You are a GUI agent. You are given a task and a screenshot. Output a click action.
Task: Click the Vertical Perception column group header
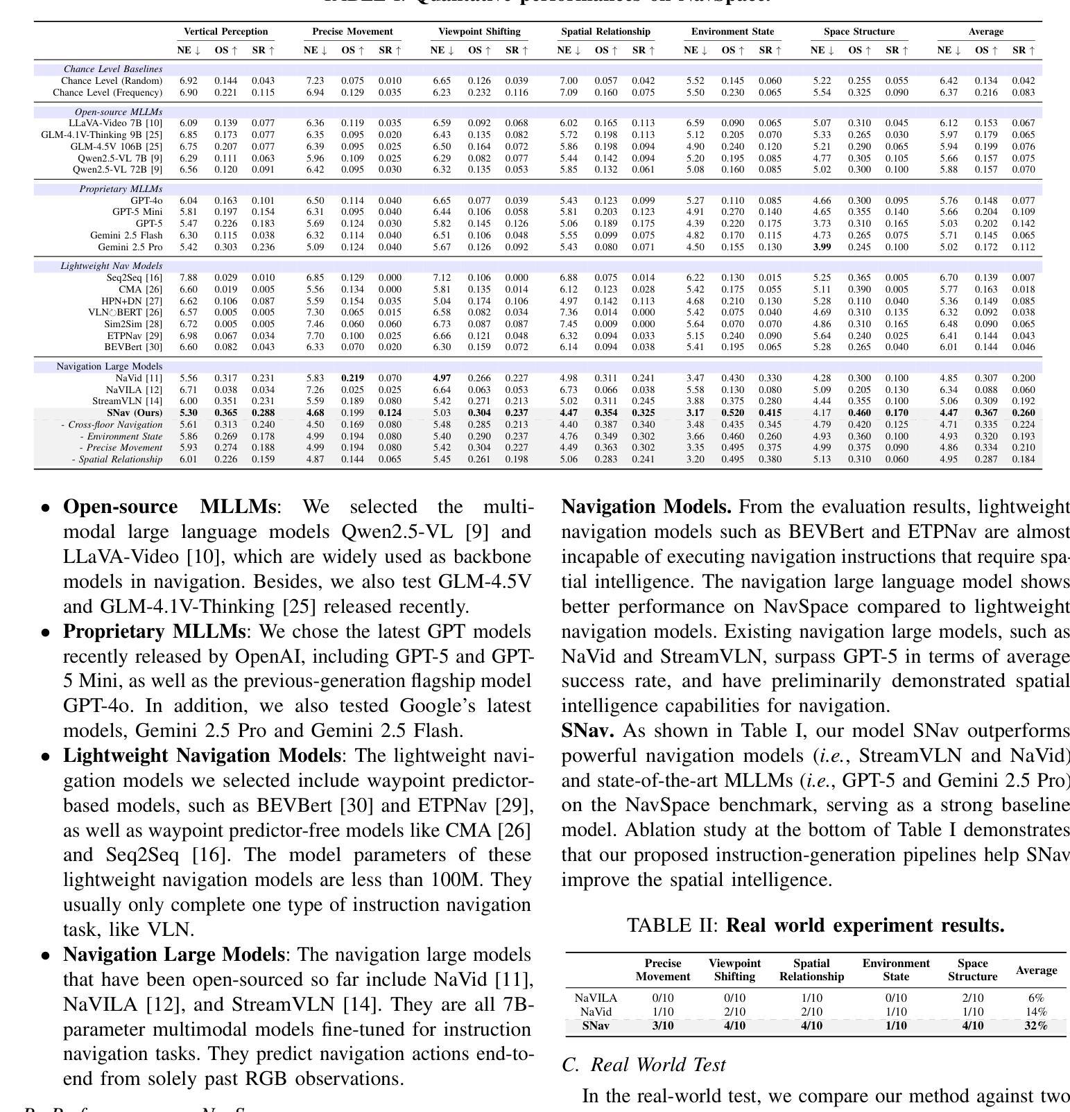tap(225, 32)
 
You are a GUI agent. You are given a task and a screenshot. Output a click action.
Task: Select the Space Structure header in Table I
tap(859, 32)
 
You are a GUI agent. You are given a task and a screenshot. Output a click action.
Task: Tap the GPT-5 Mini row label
tap(137, 212)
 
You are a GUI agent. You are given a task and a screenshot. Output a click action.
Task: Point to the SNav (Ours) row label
tap(135, 413)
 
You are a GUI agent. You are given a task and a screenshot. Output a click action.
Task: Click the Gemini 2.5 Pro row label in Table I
tap(130, 247)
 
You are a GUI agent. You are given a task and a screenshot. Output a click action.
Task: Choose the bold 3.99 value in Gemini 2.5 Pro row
tap(822, 247)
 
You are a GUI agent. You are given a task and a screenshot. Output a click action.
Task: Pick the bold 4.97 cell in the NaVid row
tap(441, 379)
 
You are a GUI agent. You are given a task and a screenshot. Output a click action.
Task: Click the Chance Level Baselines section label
tap(113, 69)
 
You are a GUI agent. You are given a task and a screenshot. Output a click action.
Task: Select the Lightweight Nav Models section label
tap(112, 266)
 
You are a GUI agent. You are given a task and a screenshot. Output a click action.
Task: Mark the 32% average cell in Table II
tap(1035, 1026)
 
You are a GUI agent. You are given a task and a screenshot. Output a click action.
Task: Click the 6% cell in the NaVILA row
tap(1035, 998)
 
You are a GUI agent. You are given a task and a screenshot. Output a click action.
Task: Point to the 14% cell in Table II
tap(1035, 1012)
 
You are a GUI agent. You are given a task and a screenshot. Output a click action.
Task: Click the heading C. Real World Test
tap(644, 1065)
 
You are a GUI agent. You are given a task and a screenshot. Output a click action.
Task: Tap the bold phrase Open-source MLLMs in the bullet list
tap(169, 507)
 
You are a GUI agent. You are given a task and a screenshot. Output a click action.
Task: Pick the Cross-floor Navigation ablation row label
tap(112, 425)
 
